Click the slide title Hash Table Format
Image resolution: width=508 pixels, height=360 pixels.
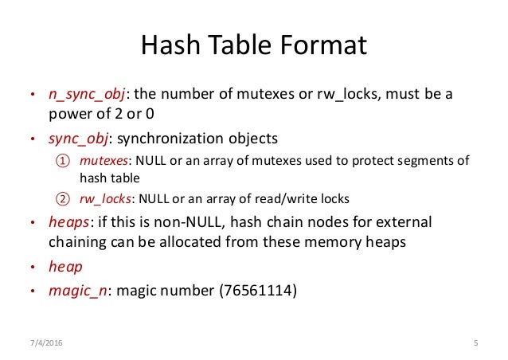pyautogui.click(x=254, y=45)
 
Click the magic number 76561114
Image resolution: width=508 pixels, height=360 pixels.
pyautogui.click(x=258, y=291)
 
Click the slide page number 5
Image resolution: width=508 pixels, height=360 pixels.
pyautogui.click(x=475, y=343)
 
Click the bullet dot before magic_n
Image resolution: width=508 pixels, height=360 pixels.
pyautogui.click(x=33, y=292)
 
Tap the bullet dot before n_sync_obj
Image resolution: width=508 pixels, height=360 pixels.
pyautogui.click(x=33, y=96)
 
